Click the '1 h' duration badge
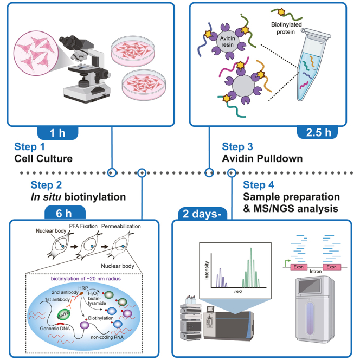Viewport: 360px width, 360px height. pos(57,133)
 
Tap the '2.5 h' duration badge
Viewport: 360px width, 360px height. pos(318,132)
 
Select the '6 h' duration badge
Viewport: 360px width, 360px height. pos(65,213)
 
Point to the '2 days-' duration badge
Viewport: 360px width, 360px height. pos(203,214)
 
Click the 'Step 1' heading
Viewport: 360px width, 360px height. pos(29,147)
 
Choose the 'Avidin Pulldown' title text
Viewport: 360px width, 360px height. pos(262,159)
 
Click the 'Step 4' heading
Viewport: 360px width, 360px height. pos(259,185)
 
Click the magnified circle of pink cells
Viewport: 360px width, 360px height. pos(36,53)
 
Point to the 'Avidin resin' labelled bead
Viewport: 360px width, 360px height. pos(228,42)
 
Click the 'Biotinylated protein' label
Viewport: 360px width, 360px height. pos(286,28)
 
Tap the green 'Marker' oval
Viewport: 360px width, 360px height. pos(64,314)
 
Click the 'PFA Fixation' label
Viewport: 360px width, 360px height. pos(83,226)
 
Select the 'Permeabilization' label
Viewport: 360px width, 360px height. pos(121,227)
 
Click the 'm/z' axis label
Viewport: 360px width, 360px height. pos(238,292)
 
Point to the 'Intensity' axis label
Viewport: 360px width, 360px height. pos(207,270)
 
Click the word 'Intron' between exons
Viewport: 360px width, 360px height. pos(316,272)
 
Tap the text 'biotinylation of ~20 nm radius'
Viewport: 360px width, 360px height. pos(86,279)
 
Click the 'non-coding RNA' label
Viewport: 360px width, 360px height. pos(107,337)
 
